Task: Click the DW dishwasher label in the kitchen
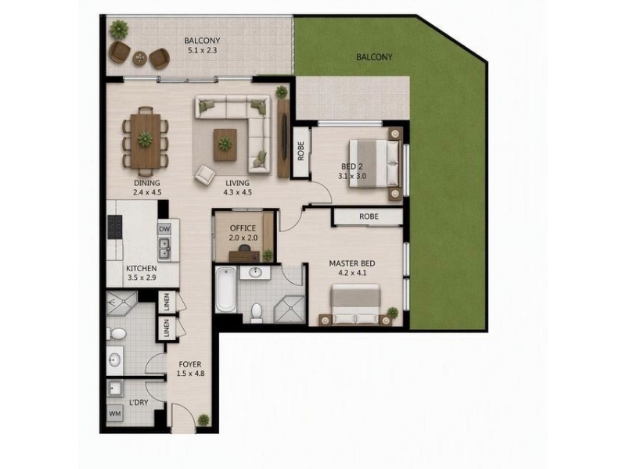click(x=164, y=229)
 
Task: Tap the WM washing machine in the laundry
click(x=115, y=414)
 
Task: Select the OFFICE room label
click(x=243, y=228)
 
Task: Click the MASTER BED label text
click(x=351, y=263)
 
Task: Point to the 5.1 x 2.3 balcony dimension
click(x=202, y=50)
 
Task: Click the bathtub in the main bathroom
click(x=226, y=289)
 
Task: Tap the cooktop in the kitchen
click(x=115, y=227)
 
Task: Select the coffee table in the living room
click(x=225, y=145)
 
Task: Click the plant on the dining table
click(x=146, y=139)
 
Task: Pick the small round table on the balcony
click(x=140, y=58)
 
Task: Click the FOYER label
click(x=190, y=364)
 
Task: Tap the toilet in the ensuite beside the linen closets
click(x=116, y=333)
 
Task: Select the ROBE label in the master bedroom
click(x=369, y=217)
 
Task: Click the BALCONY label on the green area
click(x=374, y=57)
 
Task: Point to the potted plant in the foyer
click(x=203, y=420)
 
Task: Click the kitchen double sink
click(x=164, y=248)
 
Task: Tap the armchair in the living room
click(x=205, y=174)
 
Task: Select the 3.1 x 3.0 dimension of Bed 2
click(x=352, y=176)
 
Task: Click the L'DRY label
click(x=139, y=403)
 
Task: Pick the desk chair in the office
click(x=244, y=249)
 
